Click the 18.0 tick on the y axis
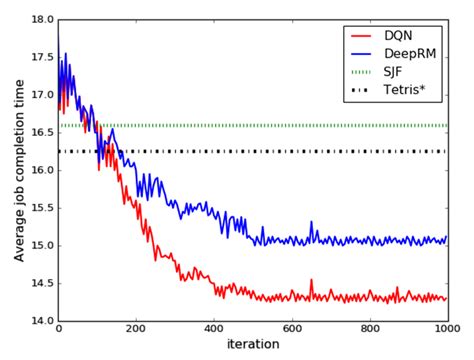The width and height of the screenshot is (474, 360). click(41, 20)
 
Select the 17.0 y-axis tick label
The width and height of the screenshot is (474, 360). click(41, 95)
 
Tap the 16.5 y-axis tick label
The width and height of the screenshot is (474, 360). click(41, 133)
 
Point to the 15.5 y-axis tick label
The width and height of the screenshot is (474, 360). click(41, 208)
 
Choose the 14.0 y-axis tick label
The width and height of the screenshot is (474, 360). click(41, 321)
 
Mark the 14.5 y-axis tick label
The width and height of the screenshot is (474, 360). click(41, 283)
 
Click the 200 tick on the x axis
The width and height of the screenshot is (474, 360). click(136, 331)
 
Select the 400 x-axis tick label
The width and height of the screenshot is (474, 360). click(214, 331)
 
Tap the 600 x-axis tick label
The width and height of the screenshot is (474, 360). click(291, 331)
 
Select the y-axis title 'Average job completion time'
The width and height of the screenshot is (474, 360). click(19, 170)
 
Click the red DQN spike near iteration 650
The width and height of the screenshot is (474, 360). click(311, 282)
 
